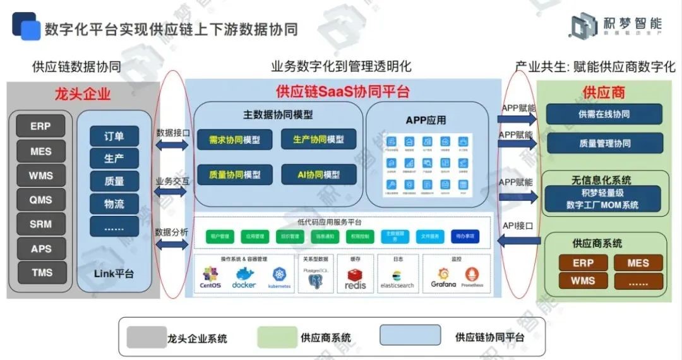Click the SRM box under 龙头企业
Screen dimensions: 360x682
[41, 224]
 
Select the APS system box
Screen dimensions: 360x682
[41, 249]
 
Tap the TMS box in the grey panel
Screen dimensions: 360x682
[41, 273]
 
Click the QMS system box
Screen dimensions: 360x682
[41, 200]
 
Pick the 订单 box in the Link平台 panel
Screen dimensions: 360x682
[114, 136]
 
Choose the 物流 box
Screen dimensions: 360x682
[114, 203]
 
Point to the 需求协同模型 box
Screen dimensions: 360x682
[234, 140]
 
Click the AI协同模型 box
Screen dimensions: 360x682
[318, 174]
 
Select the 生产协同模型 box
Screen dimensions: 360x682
[318, 140]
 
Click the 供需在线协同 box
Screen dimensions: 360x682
[604, 114]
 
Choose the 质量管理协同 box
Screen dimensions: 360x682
[604, 143]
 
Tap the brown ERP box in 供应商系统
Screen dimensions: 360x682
[583, 263]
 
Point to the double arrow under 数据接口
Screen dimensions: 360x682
[172, 145]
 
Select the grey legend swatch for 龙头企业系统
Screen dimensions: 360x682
[147, 337]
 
